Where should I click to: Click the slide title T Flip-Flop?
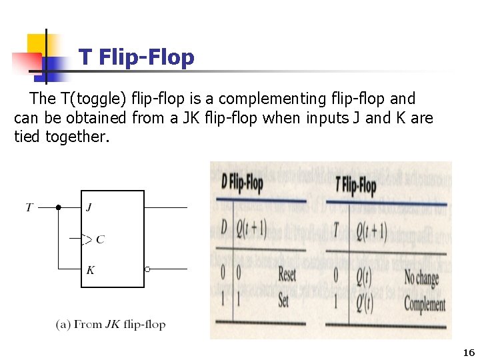coord(136,57)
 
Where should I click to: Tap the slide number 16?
coord(467,353)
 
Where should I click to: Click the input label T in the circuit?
coord(29,207)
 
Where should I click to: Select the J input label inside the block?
coord(89,207)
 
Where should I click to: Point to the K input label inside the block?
coord(90,270)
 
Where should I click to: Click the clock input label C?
coord(100,239)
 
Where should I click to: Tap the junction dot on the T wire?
coord(59,207)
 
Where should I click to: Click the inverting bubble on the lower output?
coord(147,269)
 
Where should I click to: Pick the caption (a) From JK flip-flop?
coord(111,325)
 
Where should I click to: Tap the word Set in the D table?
coord(284,300)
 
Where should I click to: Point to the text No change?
coord(422,277)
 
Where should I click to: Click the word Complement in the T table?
coord(425,305)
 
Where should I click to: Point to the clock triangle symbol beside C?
coord(87,239)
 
